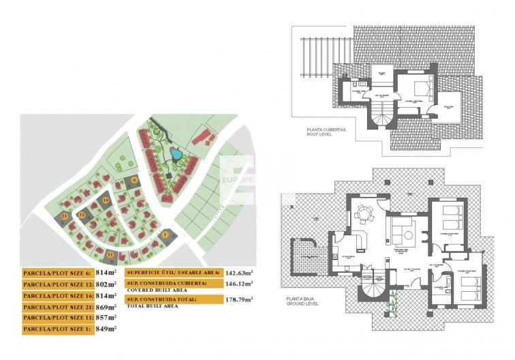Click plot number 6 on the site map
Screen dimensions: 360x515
(135, 180)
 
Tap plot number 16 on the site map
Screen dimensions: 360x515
(106, 200)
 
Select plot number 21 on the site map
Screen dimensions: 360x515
(64, 216)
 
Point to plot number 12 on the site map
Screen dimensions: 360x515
(81, 215)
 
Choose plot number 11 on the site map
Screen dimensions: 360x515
(110, 254)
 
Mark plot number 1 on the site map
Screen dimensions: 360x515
(165, 235)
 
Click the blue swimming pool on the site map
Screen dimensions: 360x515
(176, 154)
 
